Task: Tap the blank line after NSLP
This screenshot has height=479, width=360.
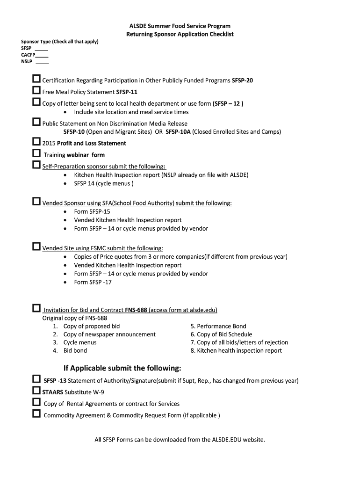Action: pyautogui.click(x=42, y=63)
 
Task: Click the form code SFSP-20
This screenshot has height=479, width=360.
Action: pyautogui.click(x=242, y=80)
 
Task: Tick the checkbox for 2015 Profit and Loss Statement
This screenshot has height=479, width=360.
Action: pyautogui.click(x=36, y=141)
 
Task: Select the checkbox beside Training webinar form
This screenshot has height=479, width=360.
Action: pyautogui.click(x=36, y=153)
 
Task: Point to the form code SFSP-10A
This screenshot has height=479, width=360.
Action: pyautogui.click(x=178, y=132)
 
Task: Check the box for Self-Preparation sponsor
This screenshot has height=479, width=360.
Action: pyautogui.click(x=36, y=165)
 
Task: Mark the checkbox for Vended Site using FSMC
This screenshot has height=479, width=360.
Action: pyautogui.click(x=36, y=246)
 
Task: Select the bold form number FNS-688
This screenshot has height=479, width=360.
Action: pyautogui.click(x=136, y=310)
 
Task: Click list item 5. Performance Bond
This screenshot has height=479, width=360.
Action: pyautogui.click(x=218, y=326)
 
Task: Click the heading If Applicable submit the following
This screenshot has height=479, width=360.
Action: pyautogui.click(x=122, y=367)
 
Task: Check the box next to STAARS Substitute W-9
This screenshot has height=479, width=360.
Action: pyautogui.click(x=36, y=390)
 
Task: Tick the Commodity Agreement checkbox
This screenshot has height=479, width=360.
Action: pyautogui.click(x=36, y=414)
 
